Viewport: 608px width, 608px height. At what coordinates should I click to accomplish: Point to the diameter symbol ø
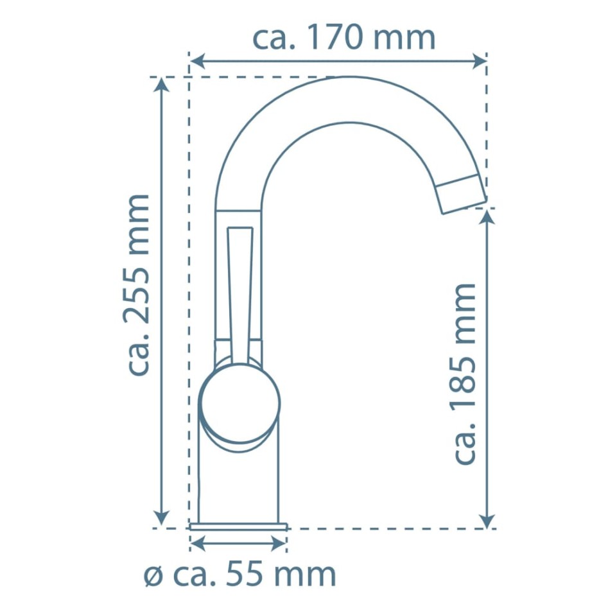pyautogui.click(x=153, y=575)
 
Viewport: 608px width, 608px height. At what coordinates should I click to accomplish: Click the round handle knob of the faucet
pyautogui.click(x=240, y=403)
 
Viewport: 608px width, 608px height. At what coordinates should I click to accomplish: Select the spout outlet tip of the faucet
pyautogui.click(x=461, y=194)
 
